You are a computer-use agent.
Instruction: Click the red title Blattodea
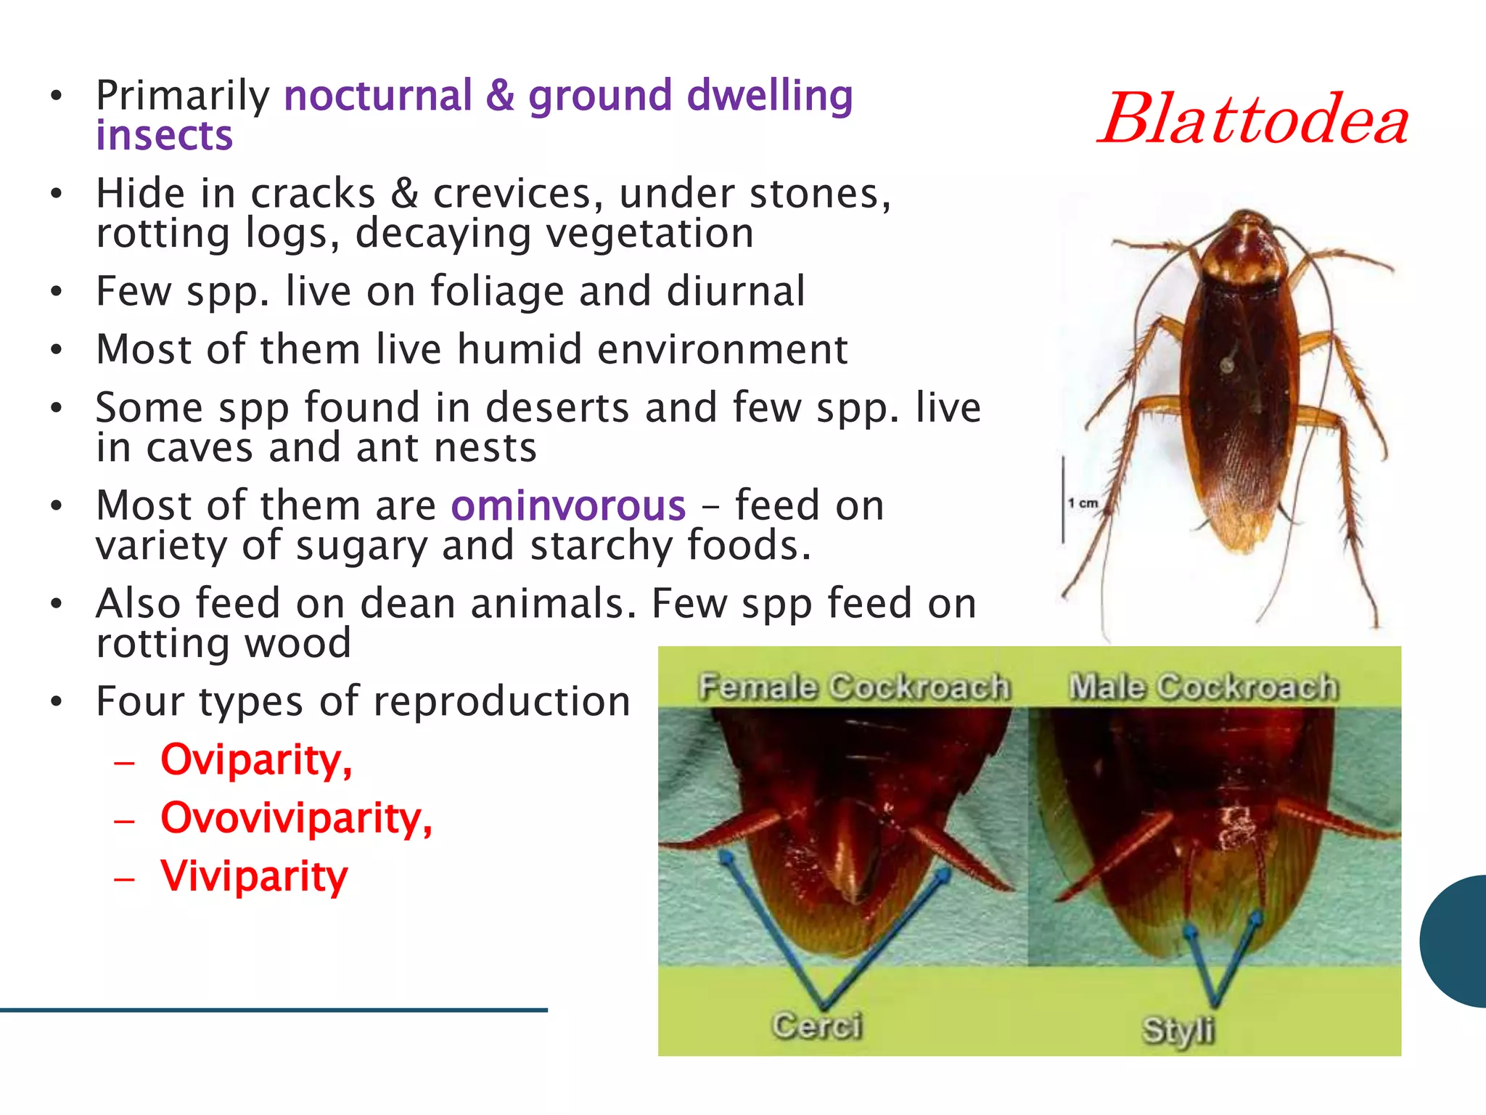[x=1253, y=120]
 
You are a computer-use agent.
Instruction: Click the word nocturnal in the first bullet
[x=378, y=96]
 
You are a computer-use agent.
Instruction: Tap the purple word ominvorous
[x=568, y=506]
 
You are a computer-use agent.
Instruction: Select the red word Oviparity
[x=255, y=760]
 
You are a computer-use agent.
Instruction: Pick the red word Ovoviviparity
[x=295, y=818]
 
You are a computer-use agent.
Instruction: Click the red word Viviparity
[x=254, y=876]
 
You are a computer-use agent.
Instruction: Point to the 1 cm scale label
[x=1083, y=503]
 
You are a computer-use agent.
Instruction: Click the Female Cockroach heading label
[x=854, y=687]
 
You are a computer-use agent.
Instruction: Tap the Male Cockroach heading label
[x=1203, y=687]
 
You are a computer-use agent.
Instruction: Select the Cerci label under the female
[x=817, y=1026]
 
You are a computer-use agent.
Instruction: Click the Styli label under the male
[x=1178, y=1030]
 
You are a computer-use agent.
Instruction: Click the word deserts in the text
[x=557, y=407]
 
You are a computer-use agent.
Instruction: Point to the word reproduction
[x=502, y=702]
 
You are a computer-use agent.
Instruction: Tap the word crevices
[x=517, y=195]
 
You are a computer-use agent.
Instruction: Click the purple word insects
[x=164, y=136]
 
